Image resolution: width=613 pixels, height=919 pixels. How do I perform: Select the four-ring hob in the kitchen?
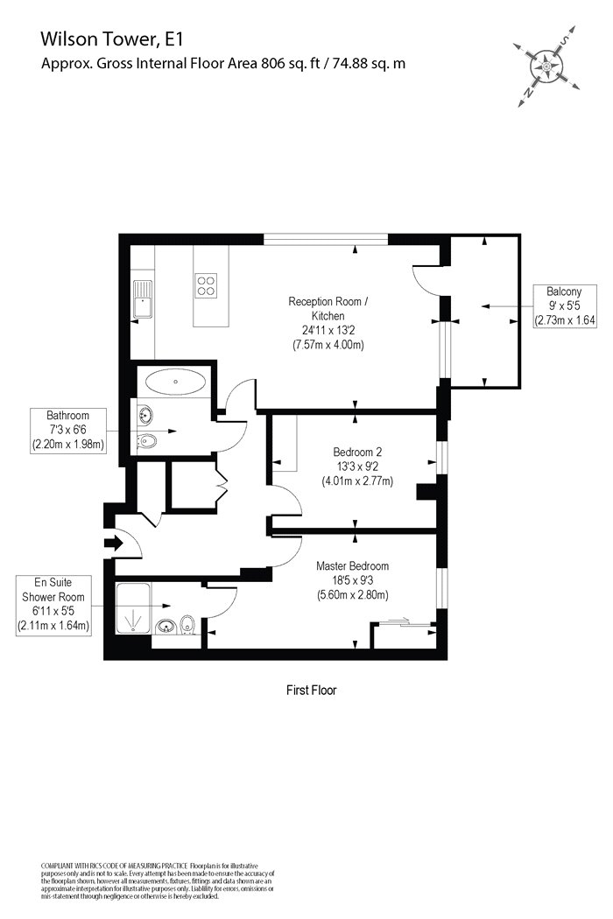point(206,285)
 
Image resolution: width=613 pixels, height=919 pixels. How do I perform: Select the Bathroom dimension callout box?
point(69,429)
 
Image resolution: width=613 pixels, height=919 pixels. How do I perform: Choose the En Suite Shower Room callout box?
point(53,606)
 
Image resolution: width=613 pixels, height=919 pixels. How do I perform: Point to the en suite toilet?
point(187,625)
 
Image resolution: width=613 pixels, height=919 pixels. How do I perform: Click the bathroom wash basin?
point(144,415)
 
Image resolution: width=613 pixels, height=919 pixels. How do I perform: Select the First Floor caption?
point(312,690)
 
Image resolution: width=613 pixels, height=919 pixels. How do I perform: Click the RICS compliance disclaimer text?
point(158,880)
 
